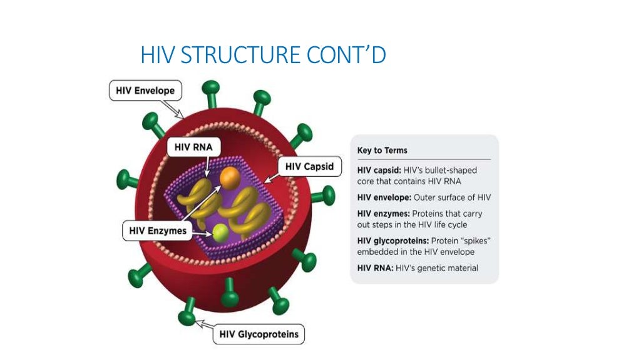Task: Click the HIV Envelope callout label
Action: coord(145,91)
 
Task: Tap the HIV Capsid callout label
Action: coord(309,167)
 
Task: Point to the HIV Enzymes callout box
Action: coord(157,231)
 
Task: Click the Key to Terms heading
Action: coord(382,151)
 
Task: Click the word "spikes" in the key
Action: coord(470,241)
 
